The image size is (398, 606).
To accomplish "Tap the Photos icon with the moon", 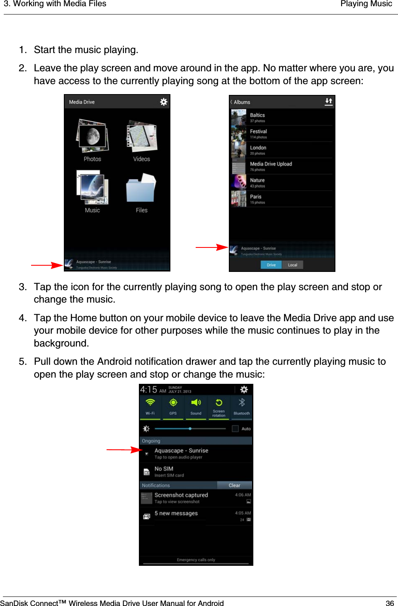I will pyautogui.click(x=92, y=137).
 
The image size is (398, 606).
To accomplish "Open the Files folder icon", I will pyautogui.click(x=141, y=189).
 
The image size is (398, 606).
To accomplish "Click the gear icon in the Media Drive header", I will pyautogui.click(x=164, y=102).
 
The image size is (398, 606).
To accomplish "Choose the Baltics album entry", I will pyautogui.click(x=257, y=117).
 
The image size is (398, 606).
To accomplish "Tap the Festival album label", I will pyautogui.click(x=258, y=131).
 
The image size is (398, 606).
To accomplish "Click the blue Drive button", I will pyautogui.click(x=271, y=265).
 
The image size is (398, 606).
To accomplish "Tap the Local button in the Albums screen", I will pyautogui.click(x=293, y=265).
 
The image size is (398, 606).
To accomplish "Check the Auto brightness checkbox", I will pyautogui.click(x=235, y=429).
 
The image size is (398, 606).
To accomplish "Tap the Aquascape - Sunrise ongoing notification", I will pyautogui.click(x=181, y=453).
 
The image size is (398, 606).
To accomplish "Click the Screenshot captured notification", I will pyautogui.click(x=181, y=497).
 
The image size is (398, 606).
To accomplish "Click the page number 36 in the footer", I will pyautogui.click(x=390, y=603).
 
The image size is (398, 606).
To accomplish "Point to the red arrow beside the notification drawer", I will pyautogui.click(x=124, y=450).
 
